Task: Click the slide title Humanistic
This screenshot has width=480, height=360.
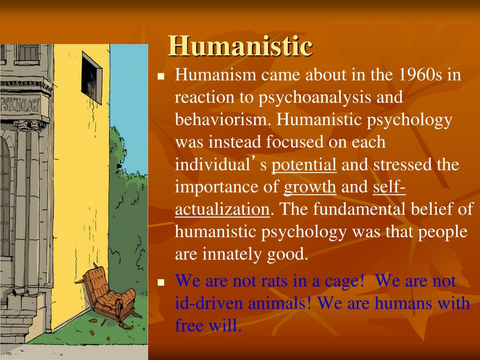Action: coord(240,46)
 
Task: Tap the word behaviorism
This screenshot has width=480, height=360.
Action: coord(223,120)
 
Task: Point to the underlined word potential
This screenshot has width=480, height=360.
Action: coord(304,165)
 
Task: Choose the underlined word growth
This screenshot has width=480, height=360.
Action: coord(310,187)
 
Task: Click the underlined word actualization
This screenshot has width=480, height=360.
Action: coord(222,209)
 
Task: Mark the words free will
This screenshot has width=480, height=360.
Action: coord(208,325)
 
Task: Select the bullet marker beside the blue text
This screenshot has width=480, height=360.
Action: coord(161,283)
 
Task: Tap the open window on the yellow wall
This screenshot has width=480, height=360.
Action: coord(91,77)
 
